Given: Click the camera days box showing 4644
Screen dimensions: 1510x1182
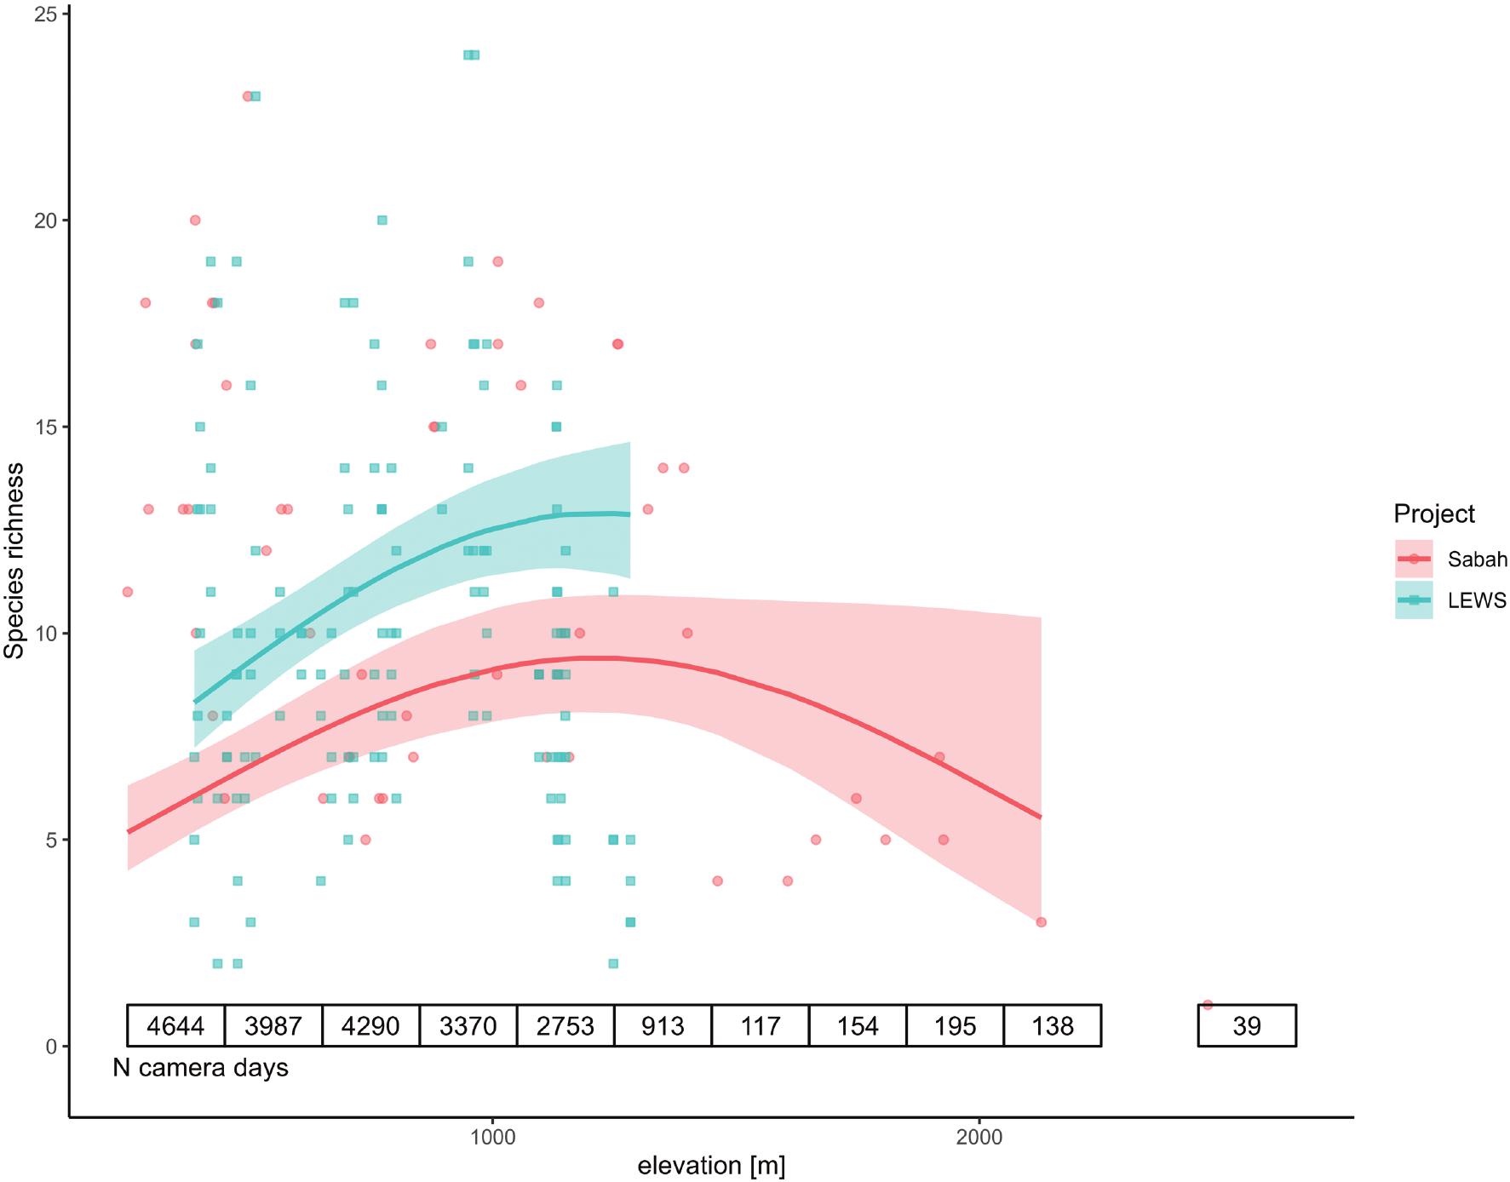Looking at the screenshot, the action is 175,1025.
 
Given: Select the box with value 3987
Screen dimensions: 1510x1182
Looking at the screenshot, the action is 273,1025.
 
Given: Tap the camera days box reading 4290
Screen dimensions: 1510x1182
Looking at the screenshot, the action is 370,1025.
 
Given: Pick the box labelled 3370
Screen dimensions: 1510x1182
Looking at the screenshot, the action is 468,1025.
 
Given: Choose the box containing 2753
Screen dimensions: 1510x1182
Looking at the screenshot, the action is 566,1025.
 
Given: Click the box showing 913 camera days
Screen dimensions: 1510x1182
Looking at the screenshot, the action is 663,1025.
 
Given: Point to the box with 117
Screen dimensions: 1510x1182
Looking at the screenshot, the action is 761,1025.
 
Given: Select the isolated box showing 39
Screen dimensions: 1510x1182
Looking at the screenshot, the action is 1247,1025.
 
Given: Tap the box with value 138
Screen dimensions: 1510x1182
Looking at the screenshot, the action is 1053,1025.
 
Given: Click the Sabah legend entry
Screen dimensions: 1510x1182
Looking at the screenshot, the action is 1450,559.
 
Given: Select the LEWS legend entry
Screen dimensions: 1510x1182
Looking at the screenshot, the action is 1450,600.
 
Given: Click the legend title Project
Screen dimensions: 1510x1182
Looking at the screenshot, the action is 1434,514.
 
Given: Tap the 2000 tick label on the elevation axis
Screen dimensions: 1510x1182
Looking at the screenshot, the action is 979,1138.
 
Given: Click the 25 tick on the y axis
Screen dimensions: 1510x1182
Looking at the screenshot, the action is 46,14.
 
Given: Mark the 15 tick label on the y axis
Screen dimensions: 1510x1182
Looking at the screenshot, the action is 46,427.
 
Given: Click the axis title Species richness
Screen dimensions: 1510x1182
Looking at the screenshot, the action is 14,560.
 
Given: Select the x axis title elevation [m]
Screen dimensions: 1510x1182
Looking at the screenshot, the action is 711,1166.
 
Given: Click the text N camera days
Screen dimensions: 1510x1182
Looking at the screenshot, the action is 201,1068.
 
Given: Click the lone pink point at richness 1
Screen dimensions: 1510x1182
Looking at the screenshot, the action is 1207,1005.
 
